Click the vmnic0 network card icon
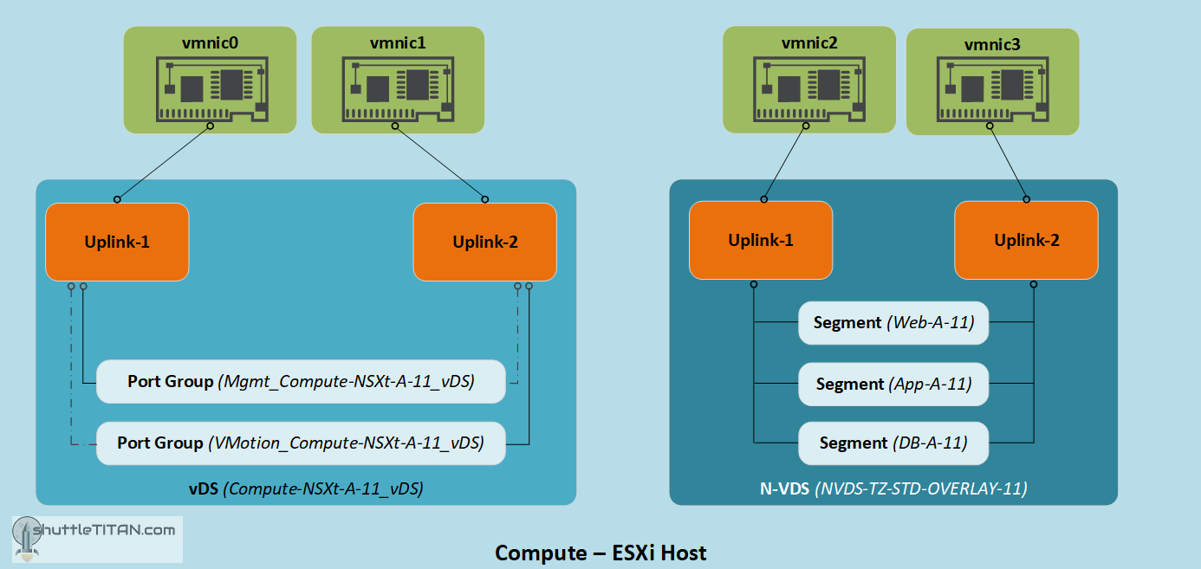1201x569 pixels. click(x=210, y=88)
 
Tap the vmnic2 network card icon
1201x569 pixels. click(x=808, y=88)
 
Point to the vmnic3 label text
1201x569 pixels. click(x=992, y=44)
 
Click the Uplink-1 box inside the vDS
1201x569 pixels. click(x=117, y=242)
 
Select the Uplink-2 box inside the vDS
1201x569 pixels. click(x=485, y=242)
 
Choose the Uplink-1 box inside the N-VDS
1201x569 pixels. click(x=761, y=240)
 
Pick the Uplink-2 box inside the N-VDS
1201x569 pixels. click(x=1026, y=240)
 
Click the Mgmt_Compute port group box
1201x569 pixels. click(x=301, y=381)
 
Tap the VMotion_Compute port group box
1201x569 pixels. click(x=301, y=443)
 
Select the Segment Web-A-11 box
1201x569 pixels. click(x=893, y=322)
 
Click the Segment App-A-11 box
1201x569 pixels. click(x=893, y=383)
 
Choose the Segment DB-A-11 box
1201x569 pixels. click(x=893, y=443)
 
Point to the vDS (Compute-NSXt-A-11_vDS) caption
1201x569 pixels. click(x=306, y=488)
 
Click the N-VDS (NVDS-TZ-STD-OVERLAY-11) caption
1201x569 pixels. click(x=893, y=488)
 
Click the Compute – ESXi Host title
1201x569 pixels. click(x=600, y=553)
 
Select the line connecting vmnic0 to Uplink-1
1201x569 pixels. click(x=164, y=163)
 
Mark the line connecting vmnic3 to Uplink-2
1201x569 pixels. click(x=1008, y=163)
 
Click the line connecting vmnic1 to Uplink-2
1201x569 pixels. click(x=440, y=163)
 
